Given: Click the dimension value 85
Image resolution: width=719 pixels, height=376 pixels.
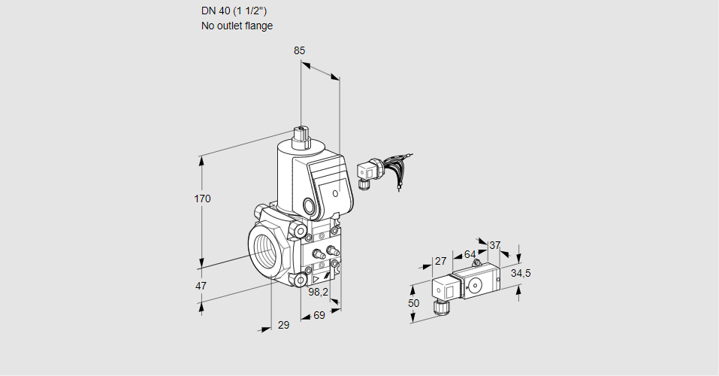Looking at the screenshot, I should tap(300, 51).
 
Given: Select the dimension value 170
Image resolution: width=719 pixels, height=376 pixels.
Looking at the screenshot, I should tap(203, 199).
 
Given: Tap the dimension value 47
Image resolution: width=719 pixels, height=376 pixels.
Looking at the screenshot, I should tap(201, 286).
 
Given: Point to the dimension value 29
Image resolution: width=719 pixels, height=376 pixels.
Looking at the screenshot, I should tap(283, 325).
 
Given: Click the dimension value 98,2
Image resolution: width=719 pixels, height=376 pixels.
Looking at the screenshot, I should tap(319, 291).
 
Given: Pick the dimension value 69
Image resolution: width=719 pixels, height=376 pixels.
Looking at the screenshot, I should tap(319, 315).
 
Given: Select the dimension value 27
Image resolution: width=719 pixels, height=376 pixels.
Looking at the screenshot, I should tap(441, 261).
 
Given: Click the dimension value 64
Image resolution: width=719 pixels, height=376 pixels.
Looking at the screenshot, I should tap(470, 254).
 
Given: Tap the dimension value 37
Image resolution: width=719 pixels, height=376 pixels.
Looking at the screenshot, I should tap(494, 245).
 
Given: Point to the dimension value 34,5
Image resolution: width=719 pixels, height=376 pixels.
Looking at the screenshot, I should tap(521, 273).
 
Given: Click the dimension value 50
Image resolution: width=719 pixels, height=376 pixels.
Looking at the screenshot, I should tap(413, 302).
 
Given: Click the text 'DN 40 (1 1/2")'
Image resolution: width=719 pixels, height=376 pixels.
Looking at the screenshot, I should tap(234, 11).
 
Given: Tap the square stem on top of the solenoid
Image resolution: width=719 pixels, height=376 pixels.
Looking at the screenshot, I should tap(302, 135).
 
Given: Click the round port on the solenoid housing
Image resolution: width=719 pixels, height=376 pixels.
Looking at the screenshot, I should tap(310, 205).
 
